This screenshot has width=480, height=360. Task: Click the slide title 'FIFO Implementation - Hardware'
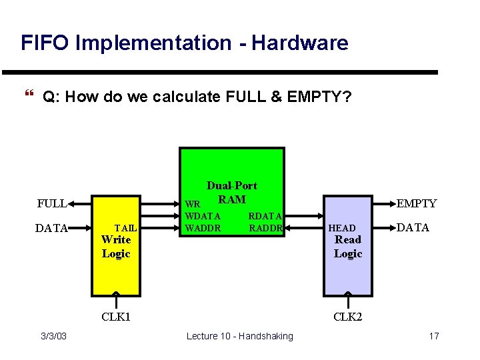coord(184,43)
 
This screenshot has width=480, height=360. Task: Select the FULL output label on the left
coord(51,203)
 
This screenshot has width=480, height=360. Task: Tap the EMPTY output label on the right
coord(417,203)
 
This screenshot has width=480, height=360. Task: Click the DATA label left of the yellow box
coord(52,229)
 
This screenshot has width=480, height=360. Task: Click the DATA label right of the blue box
coord(413,227)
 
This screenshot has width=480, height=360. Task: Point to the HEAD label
coord(342,228)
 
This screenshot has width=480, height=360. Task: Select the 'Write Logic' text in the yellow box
coord(116,247)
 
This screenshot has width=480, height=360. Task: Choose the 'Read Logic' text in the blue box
coord(347,247)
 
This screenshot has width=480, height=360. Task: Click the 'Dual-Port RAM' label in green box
coord(231,192)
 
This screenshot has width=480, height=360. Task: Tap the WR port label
coord(192,204)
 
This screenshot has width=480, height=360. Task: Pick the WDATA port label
coord(203,216)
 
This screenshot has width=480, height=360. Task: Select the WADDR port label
coord(203,228)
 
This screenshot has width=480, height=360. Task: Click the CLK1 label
coord(115,316)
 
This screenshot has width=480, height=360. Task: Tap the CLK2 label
coord(347,316)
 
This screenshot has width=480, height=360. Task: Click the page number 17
coord(433,336)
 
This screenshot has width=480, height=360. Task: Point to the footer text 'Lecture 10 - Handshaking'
coord(239,336)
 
